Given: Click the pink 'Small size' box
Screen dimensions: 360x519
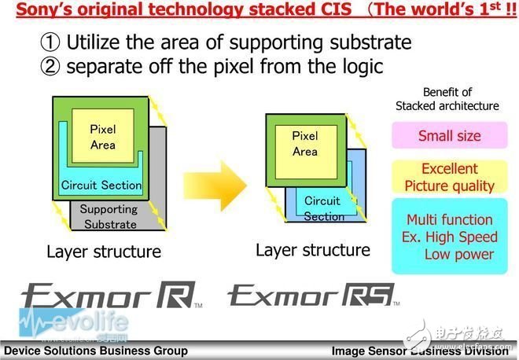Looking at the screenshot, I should (x=449, y=136).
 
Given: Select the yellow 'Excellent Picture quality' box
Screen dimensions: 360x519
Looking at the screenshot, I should (x=449, y=178).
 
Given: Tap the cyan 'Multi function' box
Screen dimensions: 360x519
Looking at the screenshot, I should (x=449, y=237).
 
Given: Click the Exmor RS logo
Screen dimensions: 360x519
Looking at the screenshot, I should (x=312, y=296).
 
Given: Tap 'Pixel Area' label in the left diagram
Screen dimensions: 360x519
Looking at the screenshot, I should (x=102, y=137).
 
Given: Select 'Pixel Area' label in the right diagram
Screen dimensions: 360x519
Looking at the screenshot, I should (x=304, y=144).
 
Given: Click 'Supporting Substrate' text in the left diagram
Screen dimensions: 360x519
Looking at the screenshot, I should (x=108, y=216).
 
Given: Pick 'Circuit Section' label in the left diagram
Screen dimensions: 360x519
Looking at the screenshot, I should (x=101, y=186).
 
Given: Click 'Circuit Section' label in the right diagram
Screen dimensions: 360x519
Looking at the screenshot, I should (x=323, y=208).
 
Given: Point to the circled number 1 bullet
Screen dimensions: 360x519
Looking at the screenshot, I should (x=51, y=42).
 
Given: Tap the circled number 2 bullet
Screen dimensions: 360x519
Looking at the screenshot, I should (x=51, y=66).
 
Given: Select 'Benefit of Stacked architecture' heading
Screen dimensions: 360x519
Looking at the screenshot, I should (x=447, y=99).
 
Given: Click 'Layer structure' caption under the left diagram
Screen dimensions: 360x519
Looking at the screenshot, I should (x=103, y=252).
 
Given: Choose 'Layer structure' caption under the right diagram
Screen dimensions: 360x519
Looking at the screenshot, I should (x=312, y=250).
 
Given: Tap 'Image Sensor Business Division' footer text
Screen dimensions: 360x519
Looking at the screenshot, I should (x=421, y=351).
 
